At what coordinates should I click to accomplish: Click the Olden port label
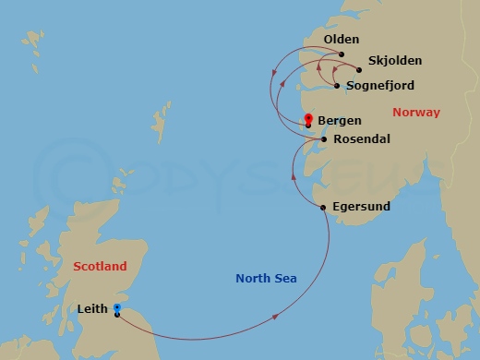pos(341,41)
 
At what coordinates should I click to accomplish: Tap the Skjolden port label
pos(394,61)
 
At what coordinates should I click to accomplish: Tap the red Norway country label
pos(416,113)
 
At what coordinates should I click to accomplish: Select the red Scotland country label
pos(100,266)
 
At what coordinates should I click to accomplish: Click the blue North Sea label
pos(266,278)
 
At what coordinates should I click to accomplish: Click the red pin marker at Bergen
pos(308,118)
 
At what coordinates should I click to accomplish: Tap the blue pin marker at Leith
pos(116,308)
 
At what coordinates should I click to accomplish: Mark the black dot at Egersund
pos(323,207)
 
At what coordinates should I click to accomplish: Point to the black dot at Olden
pos(342,54)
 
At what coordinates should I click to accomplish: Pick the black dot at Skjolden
pos(359,69)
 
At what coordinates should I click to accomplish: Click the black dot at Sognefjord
pos(337,86)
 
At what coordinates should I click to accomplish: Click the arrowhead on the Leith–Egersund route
pos(278,317)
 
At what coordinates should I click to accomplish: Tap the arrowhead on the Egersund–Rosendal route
pos(293,174)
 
